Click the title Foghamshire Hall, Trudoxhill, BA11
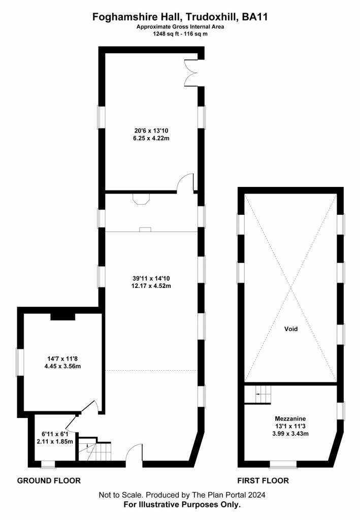coord(180,17)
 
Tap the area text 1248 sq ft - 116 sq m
coord(180,34)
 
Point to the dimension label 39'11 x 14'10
coord(151,282)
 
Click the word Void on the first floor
coord(291,329)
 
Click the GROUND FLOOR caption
coord(49,480)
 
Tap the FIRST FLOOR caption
coord(263,480)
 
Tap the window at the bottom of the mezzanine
coord(283,464)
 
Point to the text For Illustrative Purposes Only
coord(182,505)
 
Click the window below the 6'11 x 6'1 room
coord(48,464)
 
